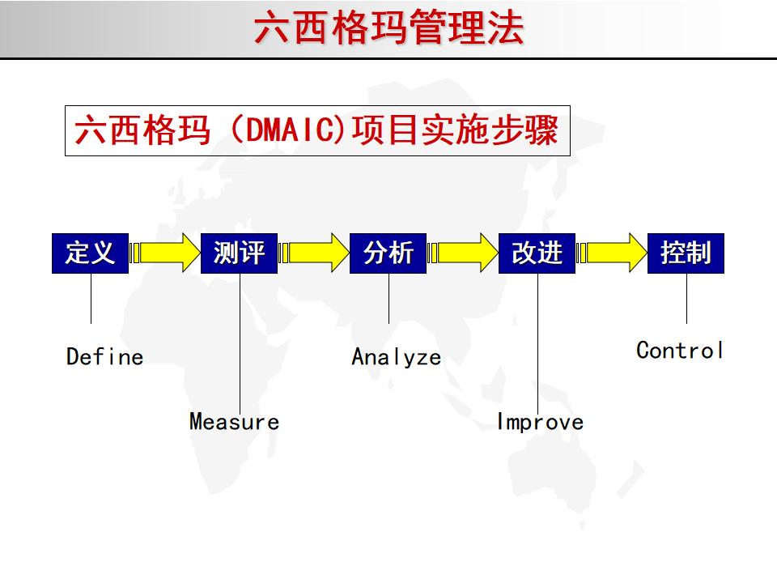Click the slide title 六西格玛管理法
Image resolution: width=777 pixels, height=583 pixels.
pyautogui.click(x=388, y=28)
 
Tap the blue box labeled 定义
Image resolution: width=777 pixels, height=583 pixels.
pyautogui.click(x=90, y=253)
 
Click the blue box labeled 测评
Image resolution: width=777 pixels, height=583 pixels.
pyautogui.click(x=239, y=253)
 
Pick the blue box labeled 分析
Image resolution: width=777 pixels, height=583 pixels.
pyautogui.click(x=388, y=253)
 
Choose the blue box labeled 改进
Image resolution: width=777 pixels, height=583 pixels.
pyautogui.click(x=537, y=253)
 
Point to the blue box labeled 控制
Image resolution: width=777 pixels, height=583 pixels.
pyautogui.click(x=686, y=253)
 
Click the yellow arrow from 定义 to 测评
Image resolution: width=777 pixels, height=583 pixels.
pyautogui.click(x=166, y=253)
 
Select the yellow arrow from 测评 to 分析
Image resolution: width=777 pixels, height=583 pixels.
pyautogui.click(x=315, y=253)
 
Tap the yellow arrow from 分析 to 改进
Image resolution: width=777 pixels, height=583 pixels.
pyautogui.click(x=464, y=253)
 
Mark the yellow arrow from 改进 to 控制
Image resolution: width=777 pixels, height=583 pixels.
pyautogui.click(x=613, y=253)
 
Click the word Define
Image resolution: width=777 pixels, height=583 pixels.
pyautogui.click(x=104, y=357)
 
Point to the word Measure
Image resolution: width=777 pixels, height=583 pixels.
pyautogui.click(x=234, y=422)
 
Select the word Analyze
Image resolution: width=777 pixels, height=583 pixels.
pyautogui.click(x=396, y=357)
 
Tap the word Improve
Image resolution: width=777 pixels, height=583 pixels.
pyautogui.click(x=540, y=422)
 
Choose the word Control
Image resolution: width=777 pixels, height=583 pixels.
pyautogui.click(x=680, y=351)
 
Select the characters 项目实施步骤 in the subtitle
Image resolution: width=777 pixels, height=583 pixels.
pyautogui.click(x=456, y=131)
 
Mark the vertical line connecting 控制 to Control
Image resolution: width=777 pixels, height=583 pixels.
pyautogui.click(x=686, y=300)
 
